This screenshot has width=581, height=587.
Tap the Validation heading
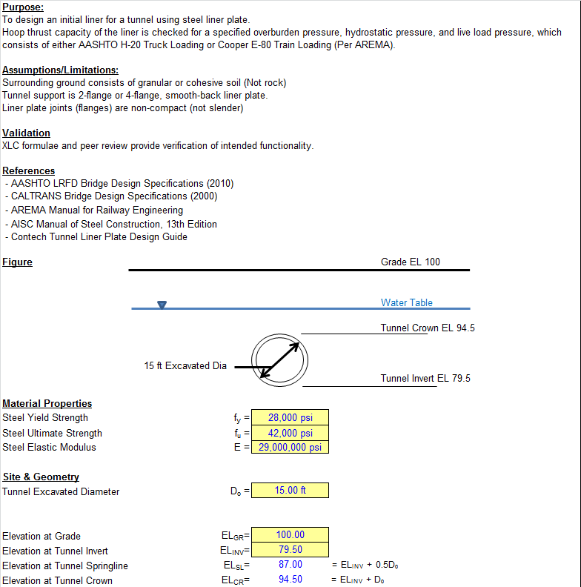point(26,133)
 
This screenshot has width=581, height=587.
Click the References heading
point(28,170)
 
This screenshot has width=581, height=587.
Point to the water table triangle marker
point(162,304)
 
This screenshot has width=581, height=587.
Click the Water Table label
point(406,302)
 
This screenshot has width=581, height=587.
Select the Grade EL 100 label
point(410,262)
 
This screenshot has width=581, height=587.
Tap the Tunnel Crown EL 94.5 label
point(428,328)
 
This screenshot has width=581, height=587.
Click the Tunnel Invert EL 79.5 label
point(425,378)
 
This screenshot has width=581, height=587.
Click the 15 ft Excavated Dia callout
point(185,365)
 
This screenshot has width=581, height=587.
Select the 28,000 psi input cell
point(290,418)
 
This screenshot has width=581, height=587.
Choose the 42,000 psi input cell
point(290,433)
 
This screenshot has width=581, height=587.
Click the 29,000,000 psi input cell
point(290,447)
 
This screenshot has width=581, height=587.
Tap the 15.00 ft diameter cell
point(290,491)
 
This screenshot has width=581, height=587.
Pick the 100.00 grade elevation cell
point(290,535)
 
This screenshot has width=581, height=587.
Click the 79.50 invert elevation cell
point(290,550)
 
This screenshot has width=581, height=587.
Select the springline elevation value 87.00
point(290,565)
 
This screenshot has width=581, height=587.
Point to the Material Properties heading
point(47,403)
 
